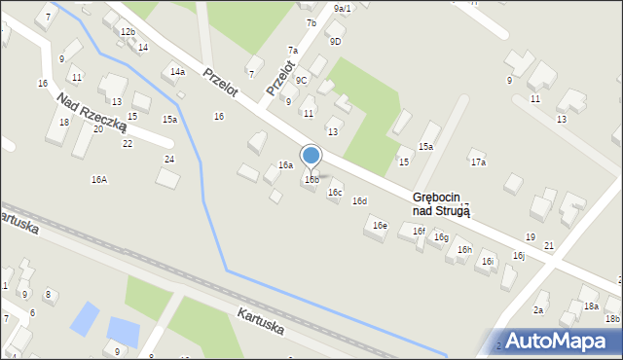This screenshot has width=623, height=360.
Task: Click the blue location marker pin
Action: pyautogui.click(x=311, y=156)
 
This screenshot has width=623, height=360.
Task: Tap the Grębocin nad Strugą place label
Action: pyautogui.click(x=441, y=203)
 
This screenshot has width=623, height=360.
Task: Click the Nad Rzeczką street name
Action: pyautogui.click(x=92, y=113)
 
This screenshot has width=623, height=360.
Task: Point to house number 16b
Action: pyautogui.click(x=311, y=180)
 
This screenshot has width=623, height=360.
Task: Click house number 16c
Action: pyautogui.click(x=335, y=193)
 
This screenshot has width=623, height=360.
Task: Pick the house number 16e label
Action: pyautogui.click(x=380, y=226)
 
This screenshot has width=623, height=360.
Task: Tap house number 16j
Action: pyautogui.click(x=519, y=256)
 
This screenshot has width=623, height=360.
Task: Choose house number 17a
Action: pyautogui.click(x=477, y=162)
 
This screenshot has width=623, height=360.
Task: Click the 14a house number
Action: pyautogui.click(x=177, y=72)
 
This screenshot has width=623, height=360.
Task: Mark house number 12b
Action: pyautogui.click(x=128, y=32)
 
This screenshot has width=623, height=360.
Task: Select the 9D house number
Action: pyautogui.click(x=335, y=41)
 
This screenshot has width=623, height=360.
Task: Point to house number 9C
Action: pyautogui.click(x=302, y=80)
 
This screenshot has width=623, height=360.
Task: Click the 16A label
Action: pyautogui.click(x=99, y=180)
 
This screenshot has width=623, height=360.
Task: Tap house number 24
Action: pyautogui.click(x=169, y=159)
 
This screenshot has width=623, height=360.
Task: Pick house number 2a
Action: pyautogui.click(x=538, y=309)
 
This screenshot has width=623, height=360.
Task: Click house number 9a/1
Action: pyautogui.click(x=342, y=8)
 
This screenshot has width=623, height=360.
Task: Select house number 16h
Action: pyautogui.click(x=464, y=250)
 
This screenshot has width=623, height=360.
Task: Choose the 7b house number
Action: pyautogui.click(x=311, y=22)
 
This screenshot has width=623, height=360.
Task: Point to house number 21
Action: pyautogui.click(x=549, y=245)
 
